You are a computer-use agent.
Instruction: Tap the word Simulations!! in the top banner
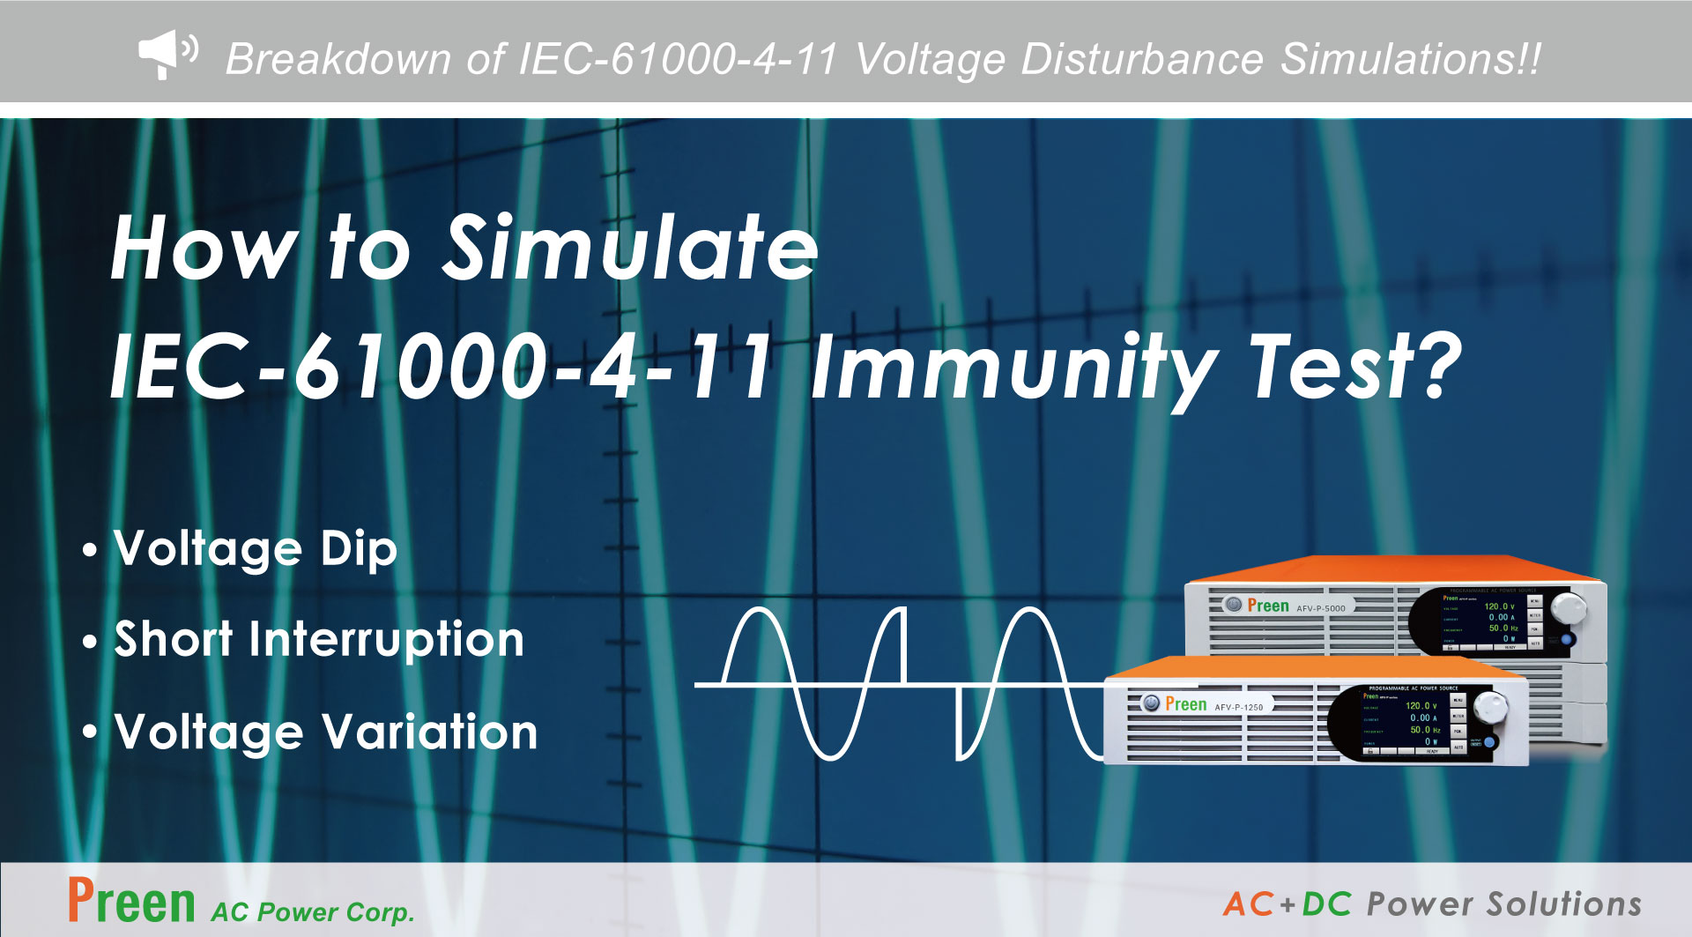[1411, 60]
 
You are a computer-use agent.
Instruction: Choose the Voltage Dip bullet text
[256, 549]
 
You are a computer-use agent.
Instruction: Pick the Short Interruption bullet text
[319, 639]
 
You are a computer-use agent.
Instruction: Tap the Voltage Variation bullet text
[326, 732]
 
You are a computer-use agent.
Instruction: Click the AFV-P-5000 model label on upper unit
[1321, 608]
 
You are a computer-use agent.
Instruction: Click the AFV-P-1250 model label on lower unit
[1239, 707]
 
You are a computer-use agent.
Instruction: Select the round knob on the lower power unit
[1489, 704]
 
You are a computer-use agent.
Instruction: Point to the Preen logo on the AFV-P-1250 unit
[1185, 704]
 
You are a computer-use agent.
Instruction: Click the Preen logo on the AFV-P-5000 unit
[1267, 606]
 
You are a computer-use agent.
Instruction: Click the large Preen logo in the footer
[131, 902]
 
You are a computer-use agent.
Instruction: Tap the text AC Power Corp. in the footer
[312, 911]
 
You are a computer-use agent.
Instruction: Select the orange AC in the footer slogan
[1248, 904]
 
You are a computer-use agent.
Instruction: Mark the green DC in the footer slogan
[1326, 904]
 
